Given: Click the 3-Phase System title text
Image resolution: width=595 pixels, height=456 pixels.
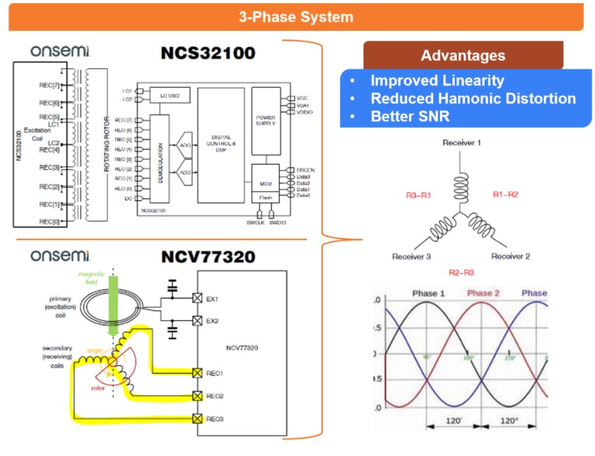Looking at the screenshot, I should [296, 17].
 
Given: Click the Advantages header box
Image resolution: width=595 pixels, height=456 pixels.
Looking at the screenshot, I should [463, 56].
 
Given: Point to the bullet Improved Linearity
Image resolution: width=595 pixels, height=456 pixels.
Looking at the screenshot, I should [437, 81].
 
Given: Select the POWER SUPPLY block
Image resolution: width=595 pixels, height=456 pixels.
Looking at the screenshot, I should [265, 122].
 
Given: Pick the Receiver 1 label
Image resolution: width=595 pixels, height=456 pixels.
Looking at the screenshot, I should [462, 142].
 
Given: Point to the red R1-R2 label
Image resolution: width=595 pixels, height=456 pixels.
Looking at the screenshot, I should [505, 195].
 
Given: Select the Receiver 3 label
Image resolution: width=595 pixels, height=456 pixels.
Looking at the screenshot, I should [411, 256].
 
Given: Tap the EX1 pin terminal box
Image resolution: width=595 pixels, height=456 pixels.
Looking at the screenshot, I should [196, 299].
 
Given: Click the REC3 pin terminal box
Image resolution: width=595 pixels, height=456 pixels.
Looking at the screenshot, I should [196, 418].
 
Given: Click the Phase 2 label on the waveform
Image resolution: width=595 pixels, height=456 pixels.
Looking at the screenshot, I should [483, 293].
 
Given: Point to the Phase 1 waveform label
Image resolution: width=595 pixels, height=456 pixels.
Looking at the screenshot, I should [429, 293].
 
